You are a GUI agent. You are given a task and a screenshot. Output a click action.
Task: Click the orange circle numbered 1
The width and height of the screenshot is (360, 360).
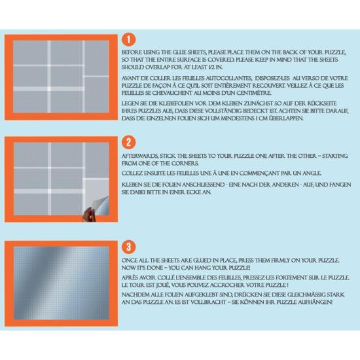point(129,39)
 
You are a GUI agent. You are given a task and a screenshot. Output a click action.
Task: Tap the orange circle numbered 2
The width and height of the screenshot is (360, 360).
point(129,141)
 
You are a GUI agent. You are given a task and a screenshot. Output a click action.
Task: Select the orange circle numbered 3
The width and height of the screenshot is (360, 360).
point(129,247)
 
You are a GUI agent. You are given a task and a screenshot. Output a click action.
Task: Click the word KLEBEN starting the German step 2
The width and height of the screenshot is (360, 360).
point(133,186)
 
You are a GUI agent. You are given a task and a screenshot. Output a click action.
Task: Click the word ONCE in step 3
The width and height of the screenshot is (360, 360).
point(130,262)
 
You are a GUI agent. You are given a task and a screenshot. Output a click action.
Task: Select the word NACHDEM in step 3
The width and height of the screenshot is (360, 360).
point(135,294)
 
